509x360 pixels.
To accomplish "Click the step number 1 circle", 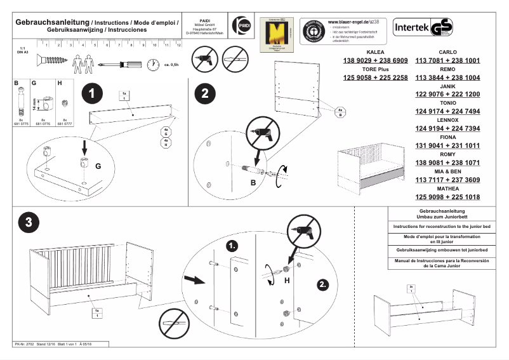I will (x=93, y=93).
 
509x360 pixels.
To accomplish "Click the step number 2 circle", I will (x=204, y=93).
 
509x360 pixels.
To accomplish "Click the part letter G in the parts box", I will (x=34, y=83).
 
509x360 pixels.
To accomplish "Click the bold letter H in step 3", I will (x=287, y=280).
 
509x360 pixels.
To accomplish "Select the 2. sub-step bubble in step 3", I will (x=323, y=285).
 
